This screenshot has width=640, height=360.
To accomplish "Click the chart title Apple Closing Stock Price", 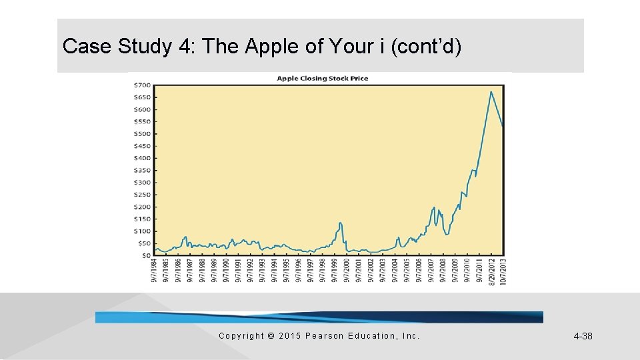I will tap(323, 79).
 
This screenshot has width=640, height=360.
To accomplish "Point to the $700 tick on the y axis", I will tap(143, 85).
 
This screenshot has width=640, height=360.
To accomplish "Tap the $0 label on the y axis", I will tap(145, 255).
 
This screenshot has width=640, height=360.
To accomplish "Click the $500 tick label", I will tap(143, 134).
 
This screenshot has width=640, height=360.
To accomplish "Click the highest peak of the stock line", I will tap(491, 92).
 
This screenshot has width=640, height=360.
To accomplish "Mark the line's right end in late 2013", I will tap(503, 125).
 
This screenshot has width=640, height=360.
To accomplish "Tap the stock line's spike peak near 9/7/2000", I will tap(341, 223).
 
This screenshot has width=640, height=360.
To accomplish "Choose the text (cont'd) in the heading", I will tap(427, 47).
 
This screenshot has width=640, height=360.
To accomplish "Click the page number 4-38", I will tap(583, 336).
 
